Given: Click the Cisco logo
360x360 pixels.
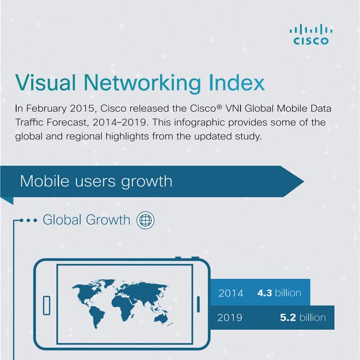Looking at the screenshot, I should coord(310,34).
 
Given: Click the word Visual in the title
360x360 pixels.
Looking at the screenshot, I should coord(48,83).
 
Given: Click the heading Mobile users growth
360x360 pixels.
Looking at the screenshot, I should coord(96,182).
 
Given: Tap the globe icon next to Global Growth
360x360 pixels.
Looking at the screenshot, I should coord(145,220).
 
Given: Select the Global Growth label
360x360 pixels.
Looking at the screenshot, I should coord(86,220).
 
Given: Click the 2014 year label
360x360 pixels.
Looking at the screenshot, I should coord(231,293).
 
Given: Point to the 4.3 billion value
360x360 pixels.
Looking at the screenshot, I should coord(279,293).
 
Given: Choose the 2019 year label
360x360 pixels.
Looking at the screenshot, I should coord(229,318).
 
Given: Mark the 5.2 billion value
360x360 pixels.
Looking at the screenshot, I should coord(303,318).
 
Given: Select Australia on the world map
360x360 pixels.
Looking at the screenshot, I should coord(163,318).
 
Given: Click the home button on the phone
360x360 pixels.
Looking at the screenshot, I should coord(47,305).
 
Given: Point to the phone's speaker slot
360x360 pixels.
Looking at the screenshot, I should coord(198,305).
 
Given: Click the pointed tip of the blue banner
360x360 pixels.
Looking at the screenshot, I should coord(303,182).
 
